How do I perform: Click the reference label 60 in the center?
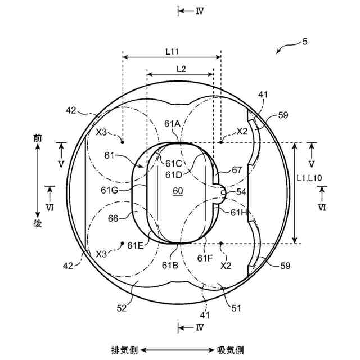[x=178, y=191]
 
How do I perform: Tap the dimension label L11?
[x=172, y=52]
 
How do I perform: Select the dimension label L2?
[x=181, y=69]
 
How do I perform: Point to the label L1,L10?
[x=309, y=178]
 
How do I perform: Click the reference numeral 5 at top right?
[x=305, y=42]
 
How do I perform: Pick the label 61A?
[x=172, y=124]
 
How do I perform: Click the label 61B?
[x=170, y=265]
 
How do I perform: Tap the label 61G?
[x=109, y=190]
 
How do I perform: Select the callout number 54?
[x=241, y=192]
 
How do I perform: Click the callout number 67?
[x=237, y=170]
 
